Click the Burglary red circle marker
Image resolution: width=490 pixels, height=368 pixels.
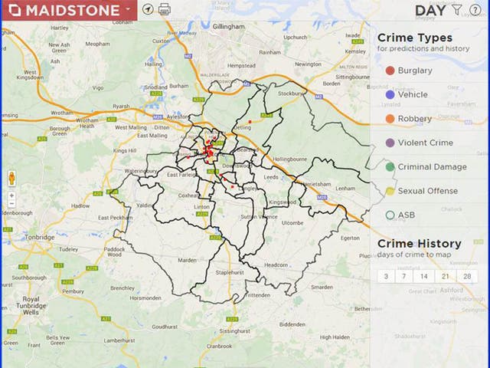pos(390,71)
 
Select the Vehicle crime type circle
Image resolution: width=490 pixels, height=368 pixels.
pos(390,94)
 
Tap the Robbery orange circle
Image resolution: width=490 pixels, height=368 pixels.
pos(390,119)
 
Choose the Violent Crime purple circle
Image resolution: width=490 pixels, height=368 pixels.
pos(390,143)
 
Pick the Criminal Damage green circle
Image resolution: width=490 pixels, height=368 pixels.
pos(390,166)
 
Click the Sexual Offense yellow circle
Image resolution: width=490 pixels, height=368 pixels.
pos(390,191)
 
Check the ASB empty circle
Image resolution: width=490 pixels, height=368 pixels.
pos(390,215)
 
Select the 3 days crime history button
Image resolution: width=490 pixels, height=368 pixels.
pos(386,276)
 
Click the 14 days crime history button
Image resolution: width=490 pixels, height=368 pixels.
pos(423,276)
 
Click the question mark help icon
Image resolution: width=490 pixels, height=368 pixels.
pos(475,10)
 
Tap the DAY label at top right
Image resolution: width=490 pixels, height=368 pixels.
pos(430,10)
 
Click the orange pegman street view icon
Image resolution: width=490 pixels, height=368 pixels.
pos(12,179)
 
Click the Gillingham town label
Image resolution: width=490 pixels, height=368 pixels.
pos(224,26)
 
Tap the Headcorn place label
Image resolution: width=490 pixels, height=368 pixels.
pos(276,264)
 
